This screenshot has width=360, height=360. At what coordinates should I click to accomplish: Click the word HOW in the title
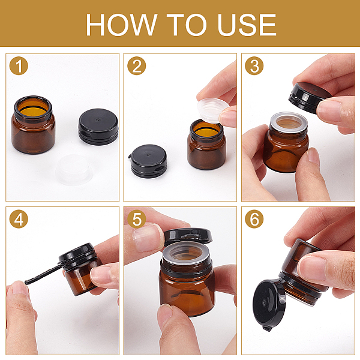coord(121,25)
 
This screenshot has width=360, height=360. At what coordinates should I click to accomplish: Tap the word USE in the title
coord(247,25)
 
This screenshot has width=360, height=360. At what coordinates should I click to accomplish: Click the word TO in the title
coord(187,25)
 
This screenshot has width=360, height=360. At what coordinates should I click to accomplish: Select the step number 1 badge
coord(19,65)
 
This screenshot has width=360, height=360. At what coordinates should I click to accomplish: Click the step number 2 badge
coord(137,65)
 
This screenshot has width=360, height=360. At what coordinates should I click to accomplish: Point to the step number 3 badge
coord(254,65)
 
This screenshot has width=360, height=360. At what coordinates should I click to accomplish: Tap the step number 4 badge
coord(19,219)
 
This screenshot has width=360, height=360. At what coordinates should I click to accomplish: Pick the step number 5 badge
coord(137,219)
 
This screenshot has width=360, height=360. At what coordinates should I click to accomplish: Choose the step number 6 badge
coord(254,219)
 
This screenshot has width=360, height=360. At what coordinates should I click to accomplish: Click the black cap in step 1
coord(98,127)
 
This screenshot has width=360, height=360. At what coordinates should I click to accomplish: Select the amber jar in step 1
coord(33,125)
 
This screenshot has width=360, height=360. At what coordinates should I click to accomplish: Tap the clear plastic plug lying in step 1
coord(74,169)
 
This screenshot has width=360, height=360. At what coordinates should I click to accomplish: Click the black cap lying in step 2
coord(149,161)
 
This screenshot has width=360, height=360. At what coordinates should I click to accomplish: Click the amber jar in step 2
coord(206,145)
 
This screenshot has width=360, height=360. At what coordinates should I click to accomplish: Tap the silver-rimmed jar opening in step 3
coord(289,122)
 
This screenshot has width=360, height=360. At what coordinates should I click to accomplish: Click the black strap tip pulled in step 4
coord(26,282)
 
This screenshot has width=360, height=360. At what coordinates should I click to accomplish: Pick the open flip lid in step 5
coord(188,237)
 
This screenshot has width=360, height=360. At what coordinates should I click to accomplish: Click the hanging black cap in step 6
coord(269,305)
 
